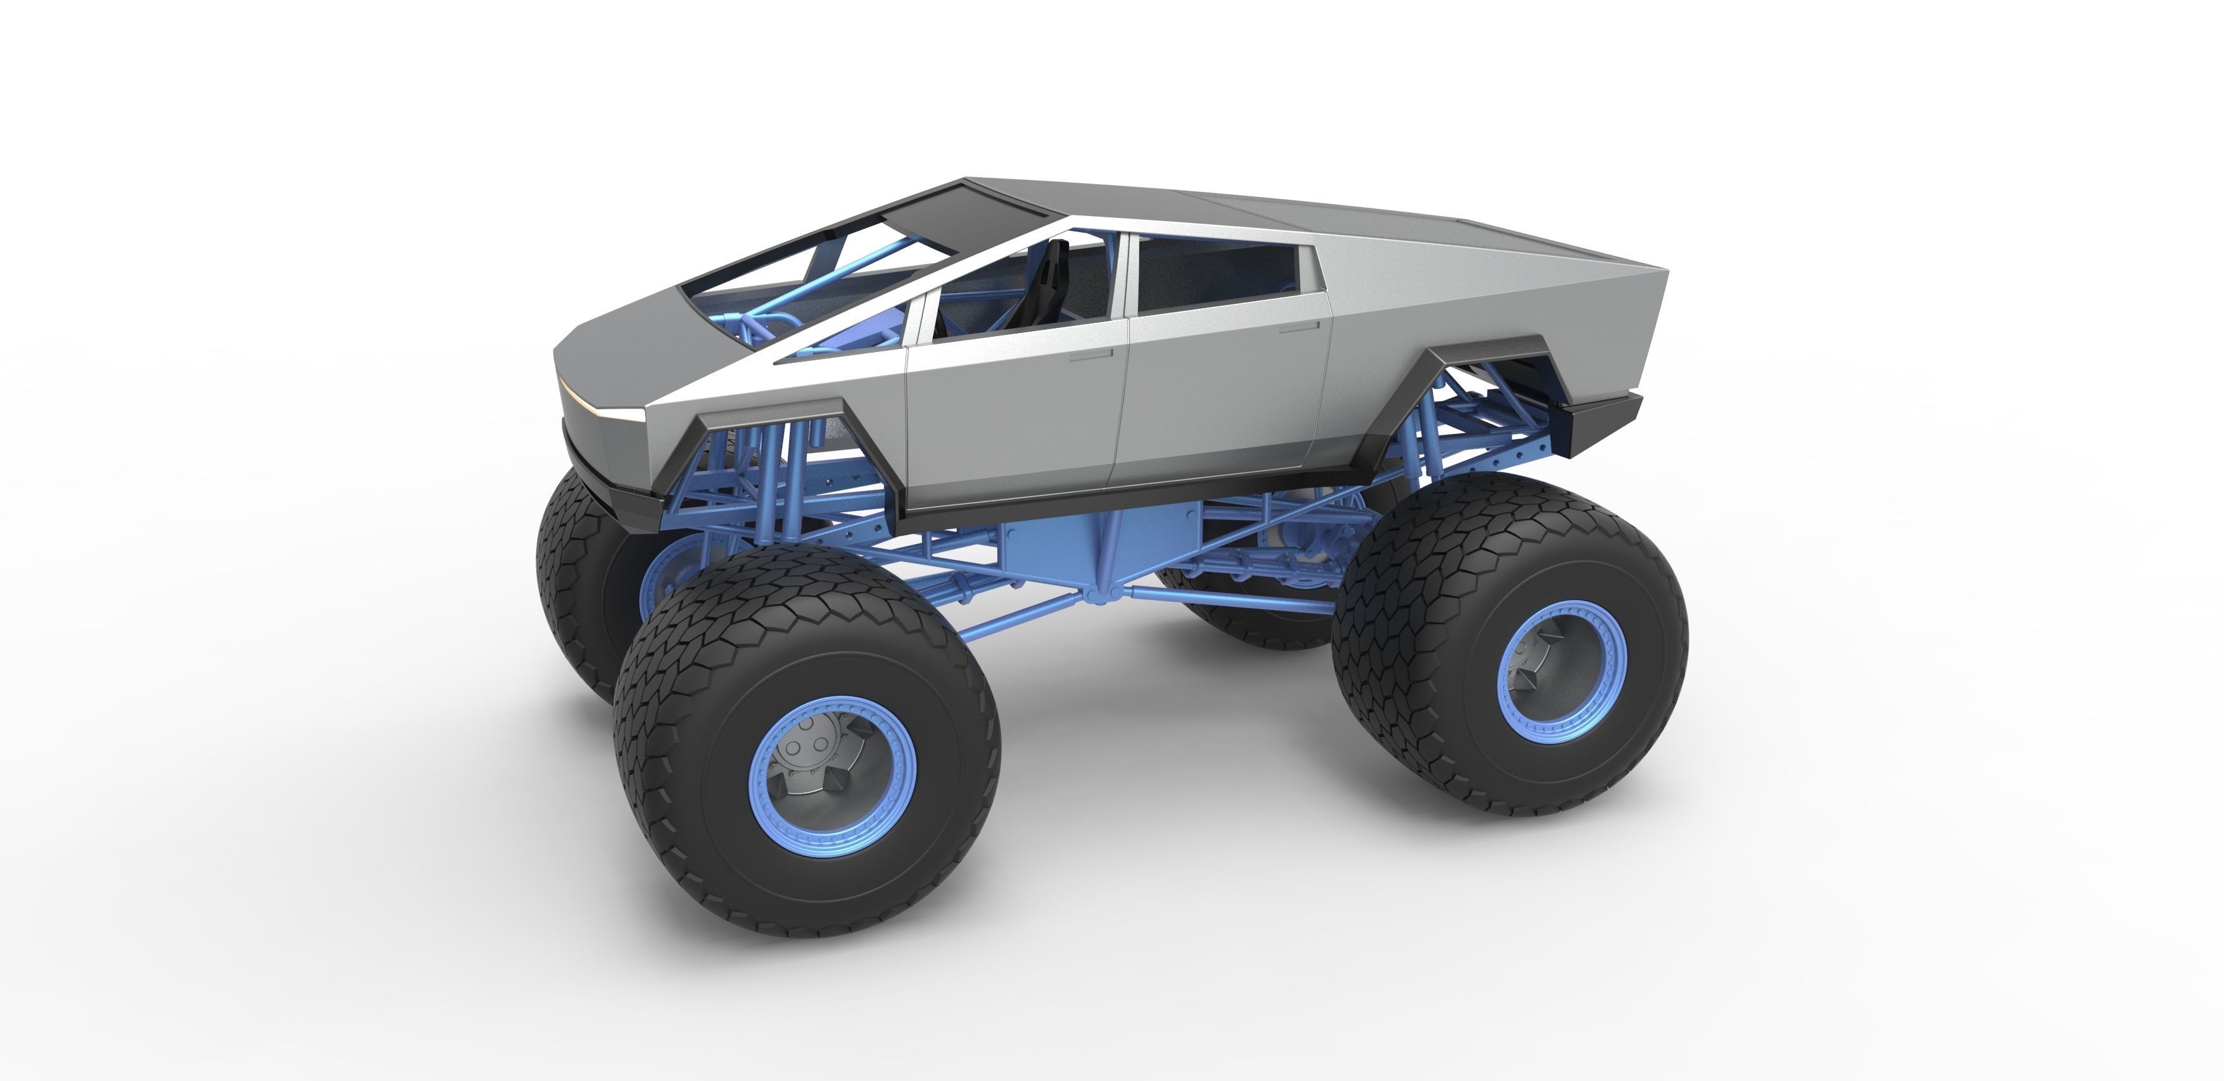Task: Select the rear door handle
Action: click(x=1299, y=327)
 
